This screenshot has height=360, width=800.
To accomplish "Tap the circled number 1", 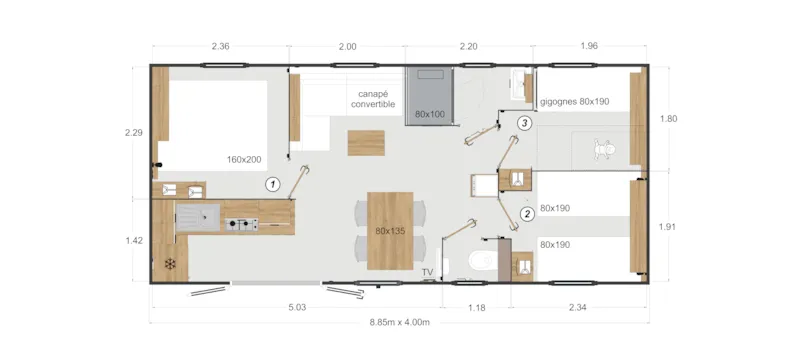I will tap(271, 184).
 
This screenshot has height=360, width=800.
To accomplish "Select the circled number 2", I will tap(527, 213).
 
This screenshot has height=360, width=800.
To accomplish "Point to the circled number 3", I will tap(524, 123).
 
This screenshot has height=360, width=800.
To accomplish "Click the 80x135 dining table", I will tap(391, 229).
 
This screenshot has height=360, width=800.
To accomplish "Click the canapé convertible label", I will tap(373, 99).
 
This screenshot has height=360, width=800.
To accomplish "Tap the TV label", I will tap(427, 272).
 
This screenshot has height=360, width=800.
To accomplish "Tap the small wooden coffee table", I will tap(363, 143).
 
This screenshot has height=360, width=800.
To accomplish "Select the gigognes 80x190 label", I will tap(574, 102).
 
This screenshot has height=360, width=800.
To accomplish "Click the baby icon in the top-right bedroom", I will tap(602, 151).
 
